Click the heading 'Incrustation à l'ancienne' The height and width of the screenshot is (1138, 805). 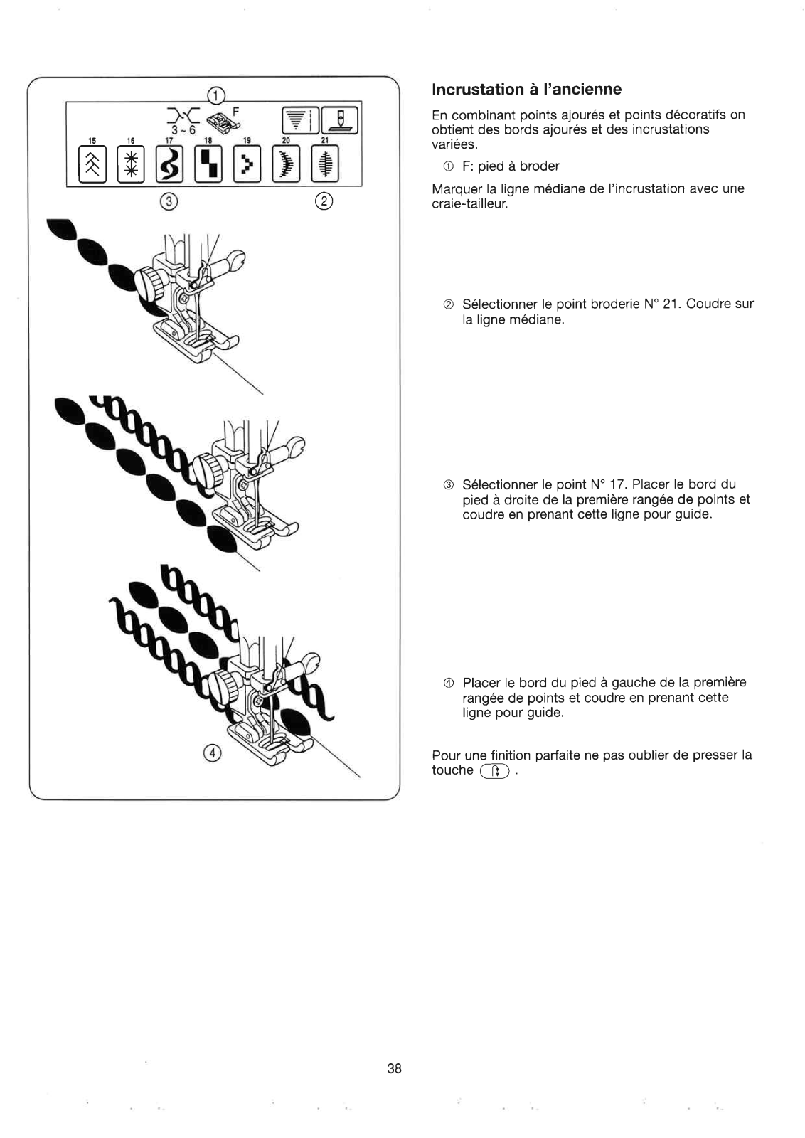coord(526,90)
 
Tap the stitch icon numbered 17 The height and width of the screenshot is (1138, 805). coord(170,164)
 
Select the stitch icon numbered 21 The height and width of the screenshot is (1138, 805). coord(325,164)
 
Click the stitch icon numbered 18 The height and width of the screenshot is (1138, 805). coord(208,164)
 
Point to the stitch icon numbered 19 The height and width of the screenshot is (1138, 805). coord(247,164)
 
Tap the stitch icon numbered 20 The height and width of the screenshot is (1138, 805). coord(286,164)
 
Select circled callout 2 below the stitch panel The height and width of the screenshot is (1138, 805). coord(323,201)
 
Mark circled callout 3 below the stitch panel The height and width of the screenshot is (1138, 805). coord(168,201)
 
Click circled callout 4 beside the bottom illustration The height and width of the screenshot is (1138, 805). coord(211,753)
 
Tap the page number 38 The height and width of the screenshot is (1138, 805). coord(395,1068)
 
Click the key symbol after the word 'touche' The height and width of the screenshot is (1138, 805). coord(495,772)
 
